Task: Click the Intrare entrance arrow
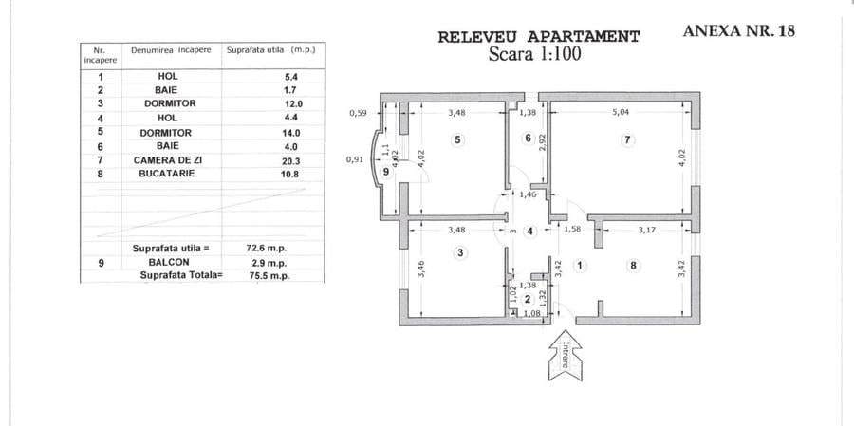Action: [x=565, y=355]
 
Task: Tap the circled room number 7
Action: [x=627, y=140]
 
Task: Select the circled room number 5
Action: [x=458, y=140]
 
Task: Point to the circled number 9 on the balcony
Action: [x=386, y=172]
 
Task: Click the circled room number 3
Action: [x=461, y=252]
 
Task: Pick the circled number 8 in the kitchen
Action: [x=632, y=266]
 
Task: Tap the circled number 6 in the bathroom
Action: [x=528, y=138]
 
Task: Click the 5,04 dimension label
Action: [x=621, y=113]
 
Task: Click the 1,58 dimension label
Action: [x=573, y=230]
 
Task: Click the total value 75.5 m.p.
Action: [x=268, y=276]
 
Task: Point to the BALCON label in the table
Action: [x=169, y=262]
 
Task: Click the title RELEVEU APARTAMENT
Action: [x=539, y=37]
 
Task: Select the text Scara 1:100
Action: [x=534, y=53]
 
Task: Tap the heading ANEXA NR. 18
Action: [x=738, y=30]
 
